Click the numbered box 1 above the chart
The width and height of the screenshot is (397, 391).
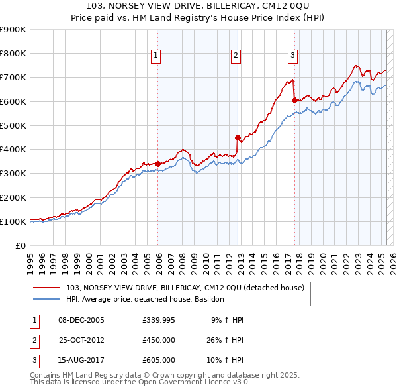point(155,56)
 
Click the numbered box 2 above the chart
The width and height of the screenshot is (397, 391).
point(236,56)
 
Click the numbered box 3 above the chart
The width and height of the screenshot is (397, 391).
point(292,56)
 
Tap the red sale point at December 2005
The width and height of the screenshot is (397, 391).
point(158,163)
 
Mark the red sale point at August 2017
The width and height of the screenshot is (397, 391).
point(294,100)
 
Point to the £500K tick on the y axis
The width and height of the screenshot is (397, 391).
point(13,125)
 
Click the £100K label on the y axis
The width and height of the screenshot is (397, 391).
point(13,221)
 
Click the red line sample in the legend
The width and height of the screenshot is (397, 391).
point(48,288)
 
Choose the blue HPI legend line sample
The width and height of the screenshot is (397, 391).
point(48,300)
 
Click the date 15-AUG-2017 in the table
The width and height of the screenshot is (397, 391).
point(81,361)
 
